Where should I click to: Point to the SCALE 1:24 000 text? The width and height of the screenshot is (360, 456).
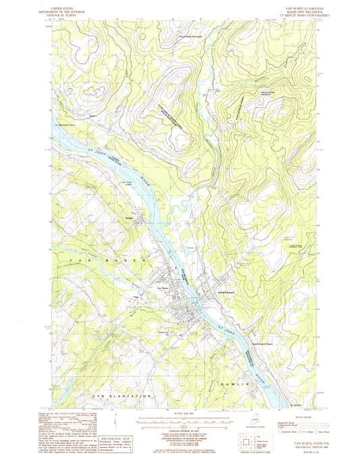coord(182,413)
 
